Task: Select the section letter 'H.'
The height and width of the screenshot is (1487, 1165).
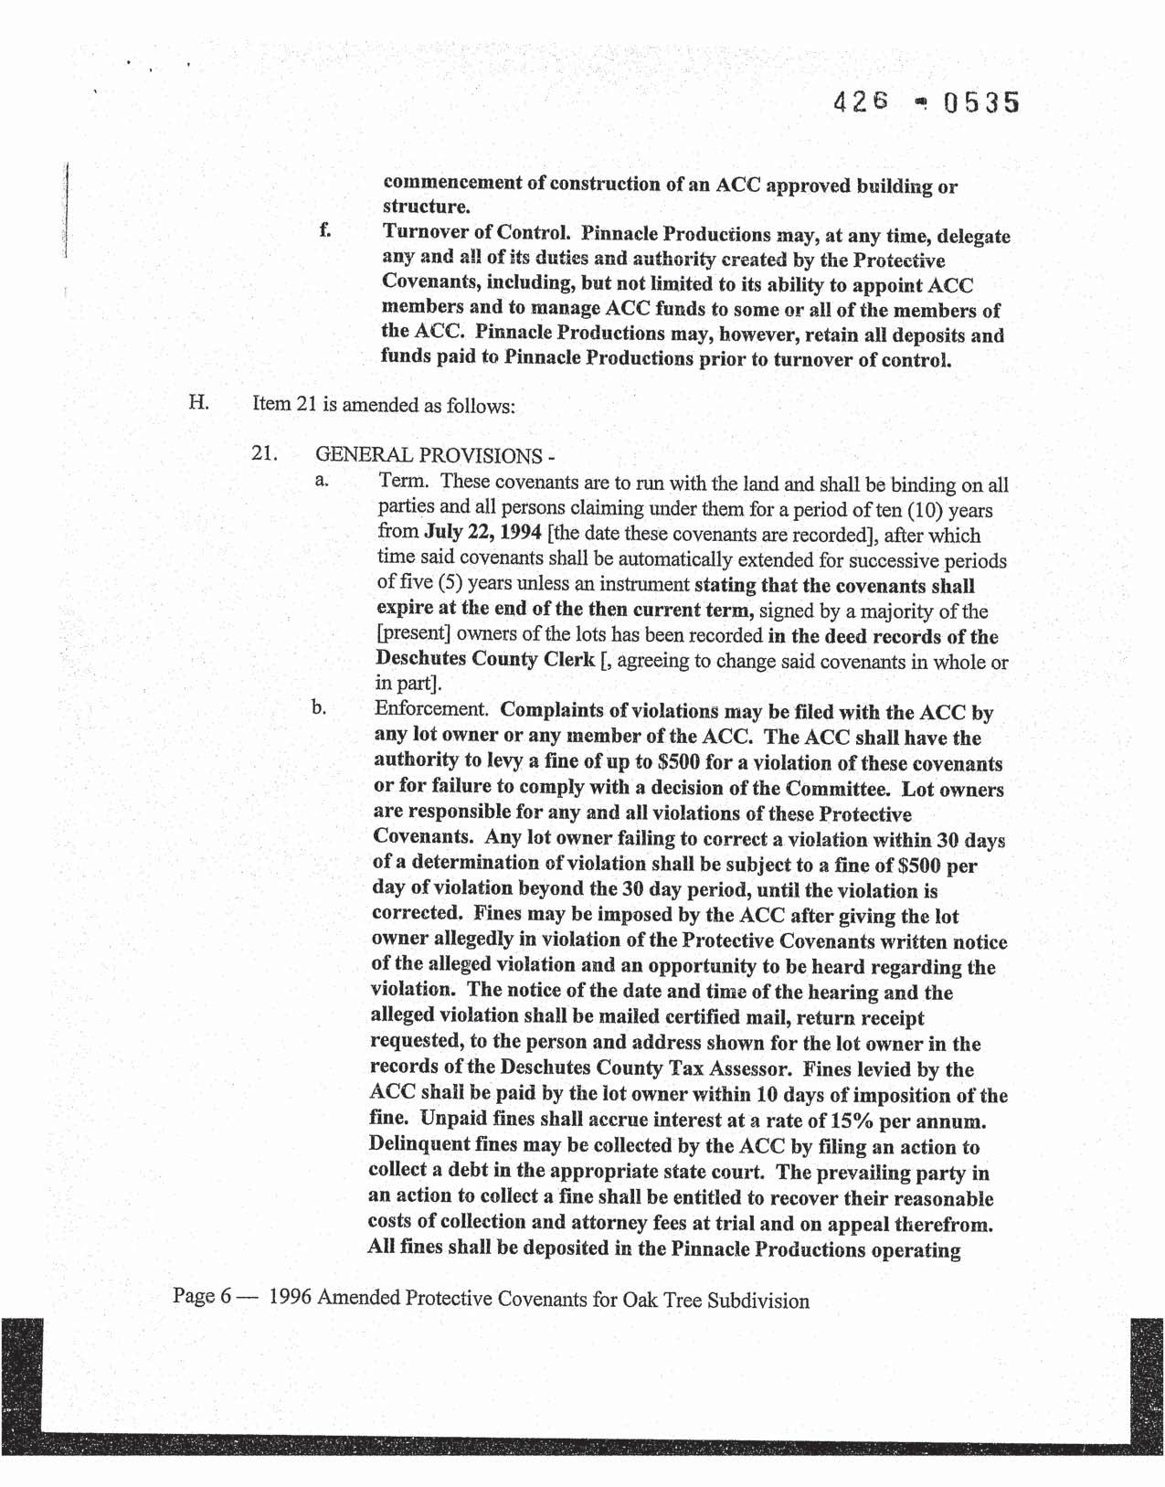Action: coord(199,401)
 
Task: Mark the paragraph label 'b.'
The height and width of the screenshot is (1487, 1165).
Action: coord(319,706)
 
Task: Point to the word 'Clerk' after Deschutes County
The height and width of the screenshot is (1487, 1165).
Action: coord(567,659)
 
